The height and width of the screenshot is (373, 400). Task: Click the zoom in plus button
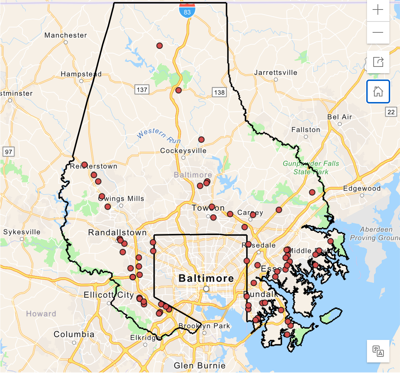click(378, 10)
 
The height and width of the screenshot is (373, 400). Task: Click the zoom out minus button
click(378, 32)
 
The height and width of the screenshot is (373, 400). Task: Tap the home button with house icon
click(378, 91)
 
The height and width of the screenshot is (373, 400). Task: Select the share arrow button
click(378, 62)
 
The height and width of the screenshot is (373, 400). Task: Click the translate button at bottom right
click(378, 351)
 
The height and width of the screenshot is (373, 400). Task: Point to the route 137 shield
click(142, 90)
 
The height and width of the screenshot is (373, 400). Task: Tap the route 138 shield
click(219, 92)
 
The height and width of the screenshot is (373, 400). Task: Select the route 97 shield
click(8, 152)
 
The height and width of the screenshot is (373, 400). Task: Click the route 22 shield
click(391, 112)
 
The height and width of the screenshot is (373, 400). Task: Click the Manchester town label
click(66, 35)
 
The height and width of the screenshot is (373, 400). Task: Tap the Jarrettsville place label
click(276, 73)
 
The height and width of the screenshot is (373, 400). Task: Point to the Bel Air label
click(340, 117)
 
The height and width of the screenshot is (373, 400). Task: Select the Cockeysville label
click(183, 151)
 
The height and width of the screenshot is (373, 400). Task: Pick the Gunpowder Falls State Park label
click(311, 167)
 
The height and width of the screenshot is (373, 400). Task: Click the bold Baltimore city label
click(206, 278)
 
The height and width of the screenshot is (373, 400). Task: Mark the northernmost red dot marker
click(160, 46)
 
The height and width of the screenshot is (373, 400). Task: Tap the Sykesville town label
click(22, 232)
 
